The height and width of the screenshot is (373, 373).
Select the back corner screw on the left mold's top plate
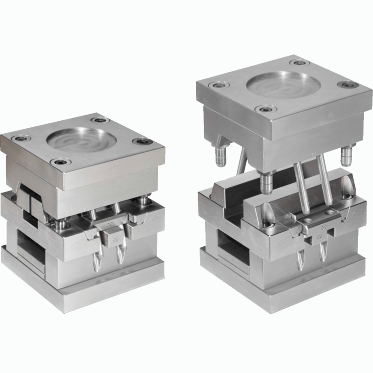(99, 120)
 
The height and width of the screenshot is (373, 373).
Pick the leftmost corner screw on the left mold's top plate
(19, 138)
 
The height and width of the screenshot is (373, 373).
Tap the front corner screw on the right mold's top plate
(266, 110)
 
